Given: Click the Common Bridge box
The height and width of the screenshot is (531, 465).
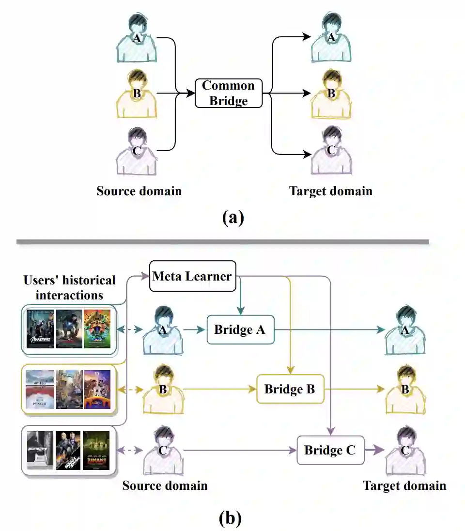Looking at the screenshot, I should (x=228, y=93).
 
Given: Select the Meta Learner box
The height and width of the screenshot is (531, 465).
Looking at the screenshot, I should (x=192, y=276).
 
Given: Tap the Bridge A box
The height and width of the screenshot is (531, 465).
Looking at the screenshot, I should (x=240, y=329).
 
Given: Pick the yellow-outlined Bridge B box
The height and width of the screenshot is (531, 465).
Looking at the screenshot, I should (x=290, y=389).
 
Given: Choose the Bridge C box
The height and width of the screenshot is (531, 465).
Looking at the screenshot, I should (x=330, y=450).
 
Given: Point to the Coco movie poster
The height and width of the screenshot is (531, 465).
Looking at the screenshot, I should (x=97, y=389).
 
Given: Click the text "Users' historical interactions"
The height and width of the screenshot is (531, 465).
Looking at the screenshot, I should (x=69, y=287).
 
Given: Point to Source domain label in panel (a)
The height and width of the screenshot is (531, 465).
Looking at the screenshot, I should (x=139, y=191).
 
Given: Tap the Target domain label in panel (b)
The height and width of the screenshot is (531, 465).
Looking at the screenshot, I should (x=404, y=485).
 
